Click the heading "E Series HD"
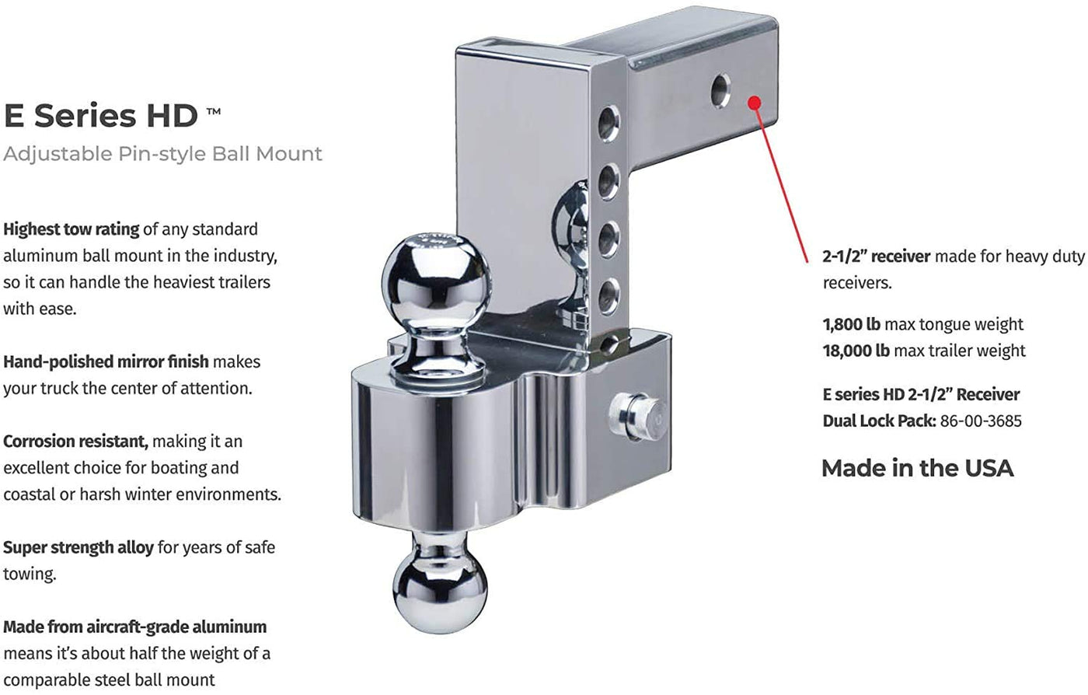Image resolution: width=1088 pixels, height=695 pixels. (x=101, y=116)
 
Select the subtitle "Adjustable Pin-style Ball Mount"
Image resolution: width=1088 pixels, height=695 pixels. (x=162, y=154)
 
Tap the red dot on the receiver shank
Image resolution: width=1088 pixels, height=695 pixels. (x=755, y=103)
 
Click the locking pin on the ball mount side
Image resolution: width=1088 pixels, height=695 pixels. (x=634, y=417)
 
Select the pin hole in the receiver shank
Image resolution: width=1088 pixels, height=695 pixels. (x=720, y=90)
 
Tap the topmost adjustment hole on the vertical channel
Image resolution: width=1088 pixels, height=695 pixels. (x=608, y=123)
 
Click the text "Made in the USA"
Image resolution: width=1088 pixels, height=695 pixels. (x=918, y=469)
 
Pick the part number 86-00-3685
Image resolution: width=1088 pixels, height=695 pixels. (x=981, y=421)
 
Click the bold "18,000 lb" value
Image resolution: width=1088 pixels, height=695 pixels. (x=856, y=351)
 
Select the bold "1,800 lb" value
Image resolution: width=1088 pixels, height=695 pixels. (x=852, y=324)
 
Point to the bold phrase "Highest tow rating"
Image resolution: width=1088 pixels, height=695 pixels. (x=71, y=229)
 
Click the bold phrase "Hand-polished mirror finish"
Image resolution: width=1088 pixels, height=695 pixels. (x=106, y=361)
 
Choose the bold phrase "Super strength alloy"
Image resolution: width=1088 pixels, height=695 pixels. (x=78, y=548)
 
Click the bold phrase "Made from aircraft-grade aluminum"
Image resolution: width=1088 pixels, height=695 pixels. (x=135, y=627)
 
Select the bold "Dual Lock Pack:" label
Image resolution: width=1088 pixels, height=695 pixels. (x=879, y=421)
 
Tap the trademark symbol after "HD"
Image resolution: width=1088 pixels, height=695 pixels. (x=214, y=112)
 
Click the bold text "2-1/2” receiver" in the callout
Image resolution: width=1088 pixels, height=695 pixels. (x=877, y=256)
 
